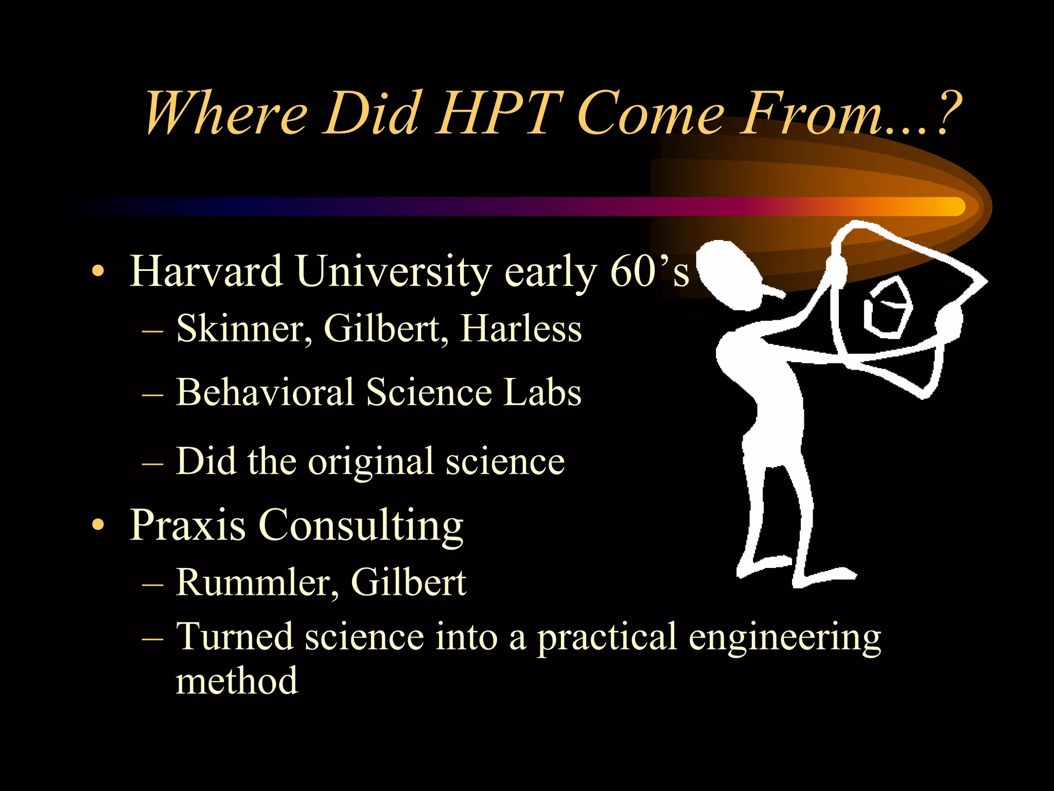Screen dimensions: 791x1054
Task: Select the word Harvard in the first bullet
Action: coord(206,271)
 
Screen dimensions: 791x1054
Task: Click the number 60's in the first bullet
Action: coord(649,271)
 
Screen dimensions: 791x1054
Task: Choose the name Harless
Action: coord(521,329)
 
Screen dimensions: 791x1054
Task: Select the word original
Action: coord(371,461)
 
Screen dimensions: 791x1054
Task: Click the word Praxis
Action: coord(187,525)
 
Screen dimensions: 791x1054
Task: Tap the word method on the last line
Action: coord(237,681)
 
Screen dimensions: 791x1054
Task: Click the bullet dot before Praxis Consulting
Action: coord(97,525)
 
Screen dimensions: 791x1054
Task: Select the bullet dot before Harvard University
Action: coord(97,271)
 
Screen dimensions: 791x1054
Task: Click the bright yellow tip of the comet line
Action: coord(952,207)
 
